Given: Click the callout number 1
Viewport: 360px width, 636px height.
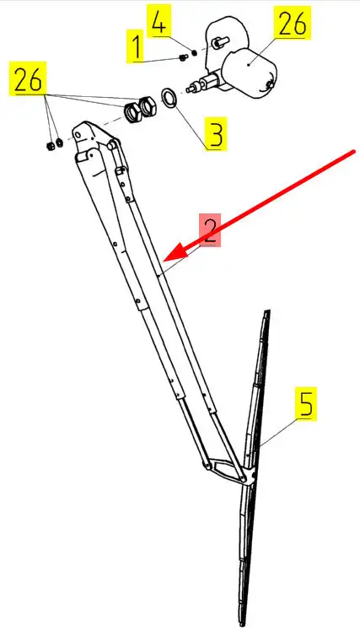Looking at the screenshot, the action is (137, 46).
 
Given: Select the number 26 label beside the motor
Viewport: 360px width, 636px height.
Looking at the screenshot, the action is (293, 23).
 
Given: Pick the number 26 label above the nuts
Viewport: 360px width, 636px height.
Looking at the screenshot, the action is (28, 78).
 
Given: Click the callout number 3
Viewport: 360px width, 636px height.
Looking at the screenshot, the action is (216, 134).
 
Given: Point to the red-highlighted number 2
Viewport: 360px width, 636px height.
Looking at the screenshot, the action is (210, 230).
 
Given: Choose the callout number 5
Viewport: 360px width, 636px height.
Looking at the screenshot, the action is (306, 404).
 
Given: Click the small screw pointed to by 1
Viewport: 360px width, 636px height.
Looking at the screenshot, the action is (182, 58).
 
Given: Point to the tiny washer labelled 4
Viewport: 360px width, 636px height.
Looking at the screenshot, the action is (194, 53).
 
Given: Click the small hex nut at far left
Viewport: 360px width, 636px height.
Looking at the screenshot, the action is (50, 146).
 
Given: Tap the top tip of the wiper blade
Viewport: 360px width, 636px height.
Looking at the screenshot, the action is (267, 310).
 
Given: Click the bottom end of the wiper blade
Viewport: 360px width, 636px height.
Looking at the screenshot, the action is (243, 623).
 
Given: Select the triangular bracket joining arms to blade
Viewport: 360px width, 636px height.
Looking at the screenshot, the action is (230, 470).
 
